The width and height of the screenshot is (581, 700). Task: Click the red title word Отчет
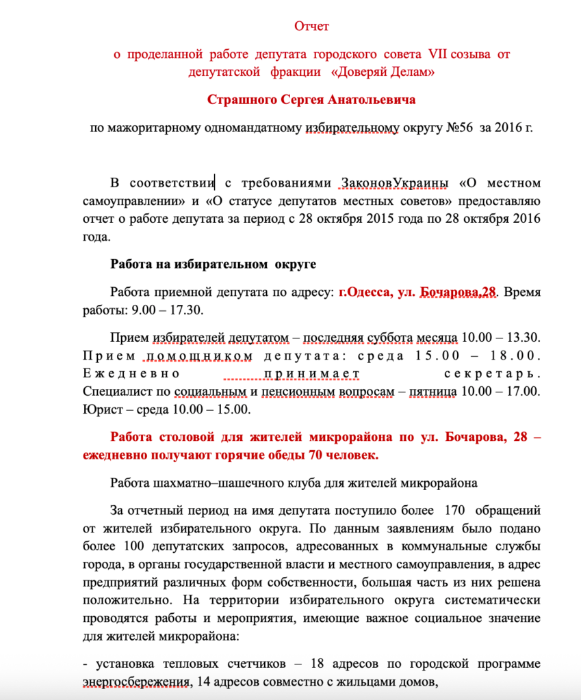coord(311,27)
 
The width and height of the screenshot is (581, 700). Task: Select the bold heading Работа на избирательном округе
coord(212,265)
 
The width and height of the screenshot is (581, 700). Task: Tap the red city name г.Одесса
coord(362,293)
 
